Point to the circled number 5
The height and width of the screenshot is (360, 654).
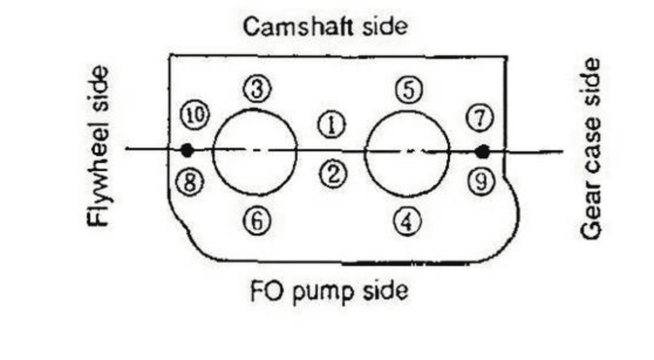(408, 89)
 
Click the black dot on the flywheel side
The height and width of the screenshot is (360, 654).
(187, 151)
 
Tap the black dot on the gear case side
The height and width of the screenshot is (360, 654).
(482, 152)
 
